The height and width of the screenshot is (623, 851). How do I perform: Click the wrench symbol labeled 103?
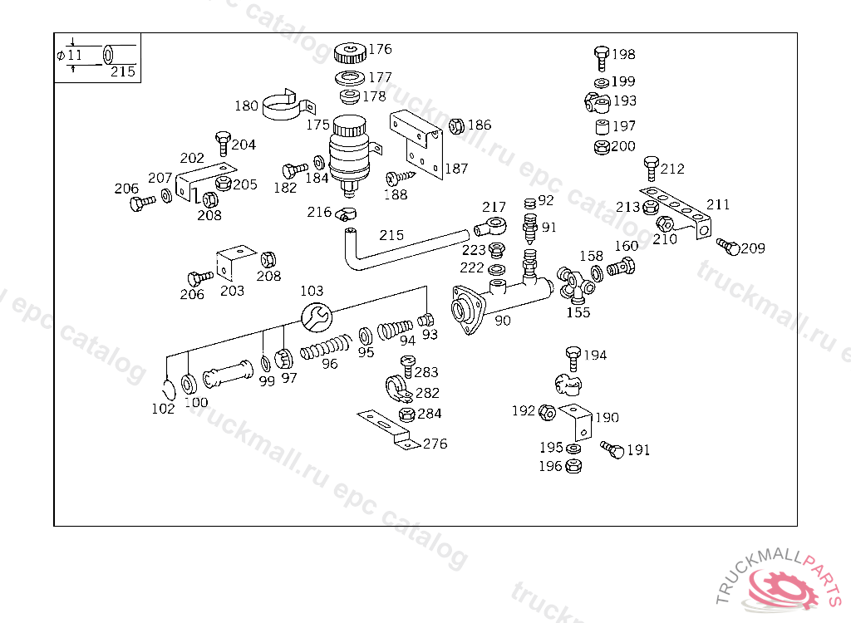pos(317,317)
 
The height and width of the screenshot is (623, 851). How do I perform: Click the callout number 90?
pos(503,321)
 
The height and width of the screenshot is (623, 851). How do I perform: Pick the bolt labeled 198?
pos(602,59)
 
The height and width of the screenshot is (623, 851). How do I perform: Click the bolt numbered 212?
pos(652,169)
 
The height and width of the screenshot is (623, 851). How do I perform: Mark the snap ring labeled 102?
pos(170,389)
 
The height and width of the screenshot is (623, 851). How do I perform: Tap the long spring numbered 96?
pos(326,346)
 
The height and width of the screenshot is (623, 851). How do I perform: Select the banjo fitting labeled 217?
pos(490,226)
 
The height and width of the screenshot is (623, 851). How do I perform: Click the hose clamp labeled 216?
pos(345,213)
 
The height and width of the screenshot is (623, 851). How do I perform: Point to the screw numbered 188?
pos(401,177)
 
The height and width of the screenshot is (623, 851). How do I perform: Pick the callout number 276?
pos(435,444)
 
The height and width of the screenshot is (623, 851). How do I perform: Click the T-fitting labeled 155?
pos(576,284)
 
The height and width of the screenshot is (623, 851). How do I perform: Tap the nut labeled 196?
pos(573,466)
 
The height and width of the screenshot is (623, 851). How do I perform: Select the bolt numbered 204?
pos(223,143)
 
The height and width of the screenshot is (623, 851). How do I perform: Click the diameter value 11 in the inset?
pos(74,55)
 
